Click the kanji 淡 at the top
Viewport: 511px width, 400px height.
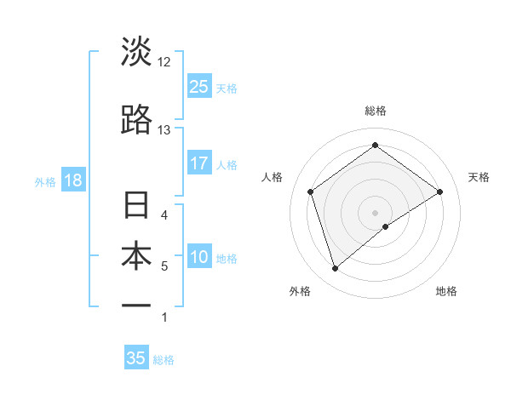(x=136, y=52)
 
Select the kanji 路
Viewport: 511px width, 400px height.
(x=136, y=120)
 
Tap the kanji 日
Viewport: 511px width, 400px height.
(x=136, y=207)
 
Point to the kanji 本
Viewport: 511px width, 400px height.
(x=136, y=257)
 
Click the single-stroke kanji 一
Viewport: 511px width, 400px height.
(x=136, y=305)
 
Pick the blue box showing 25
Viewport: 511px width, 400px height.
(x=198, y=86)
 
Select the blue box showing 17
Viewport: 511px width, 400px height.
(x=198, y=163)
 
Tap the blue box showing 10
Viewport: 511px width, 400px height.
(x=198, y=258)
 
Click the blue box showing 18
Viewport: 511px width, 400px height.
(x=72, y=180)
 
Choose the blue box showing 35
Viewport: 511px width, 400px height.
(x=136, y=358)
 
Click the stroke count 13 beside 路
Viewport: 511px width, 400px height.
(x=164, y=130)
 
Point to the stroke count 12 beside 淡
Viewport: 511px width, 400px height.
(x=164, y=62)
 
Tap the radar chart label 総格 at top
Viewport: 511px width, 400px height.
(x=376, y=111)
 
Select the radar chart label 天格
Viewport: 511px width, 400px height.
(x=479, y=177)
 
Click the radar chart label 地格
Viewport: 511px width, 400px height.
(x=446, y=291)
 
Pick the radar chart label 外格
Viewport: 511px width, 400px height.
(x=300, y=291)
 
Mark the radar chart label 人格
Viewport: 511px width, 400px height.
(x=273, y=177)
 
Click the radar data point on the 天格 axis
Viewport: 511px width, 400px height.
(x=440, y=191)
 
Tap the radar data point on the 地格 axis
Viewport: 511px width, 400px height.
(x=387, y=226)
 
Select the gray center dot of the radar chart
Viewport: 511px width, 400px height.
(x=376, y=212)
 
